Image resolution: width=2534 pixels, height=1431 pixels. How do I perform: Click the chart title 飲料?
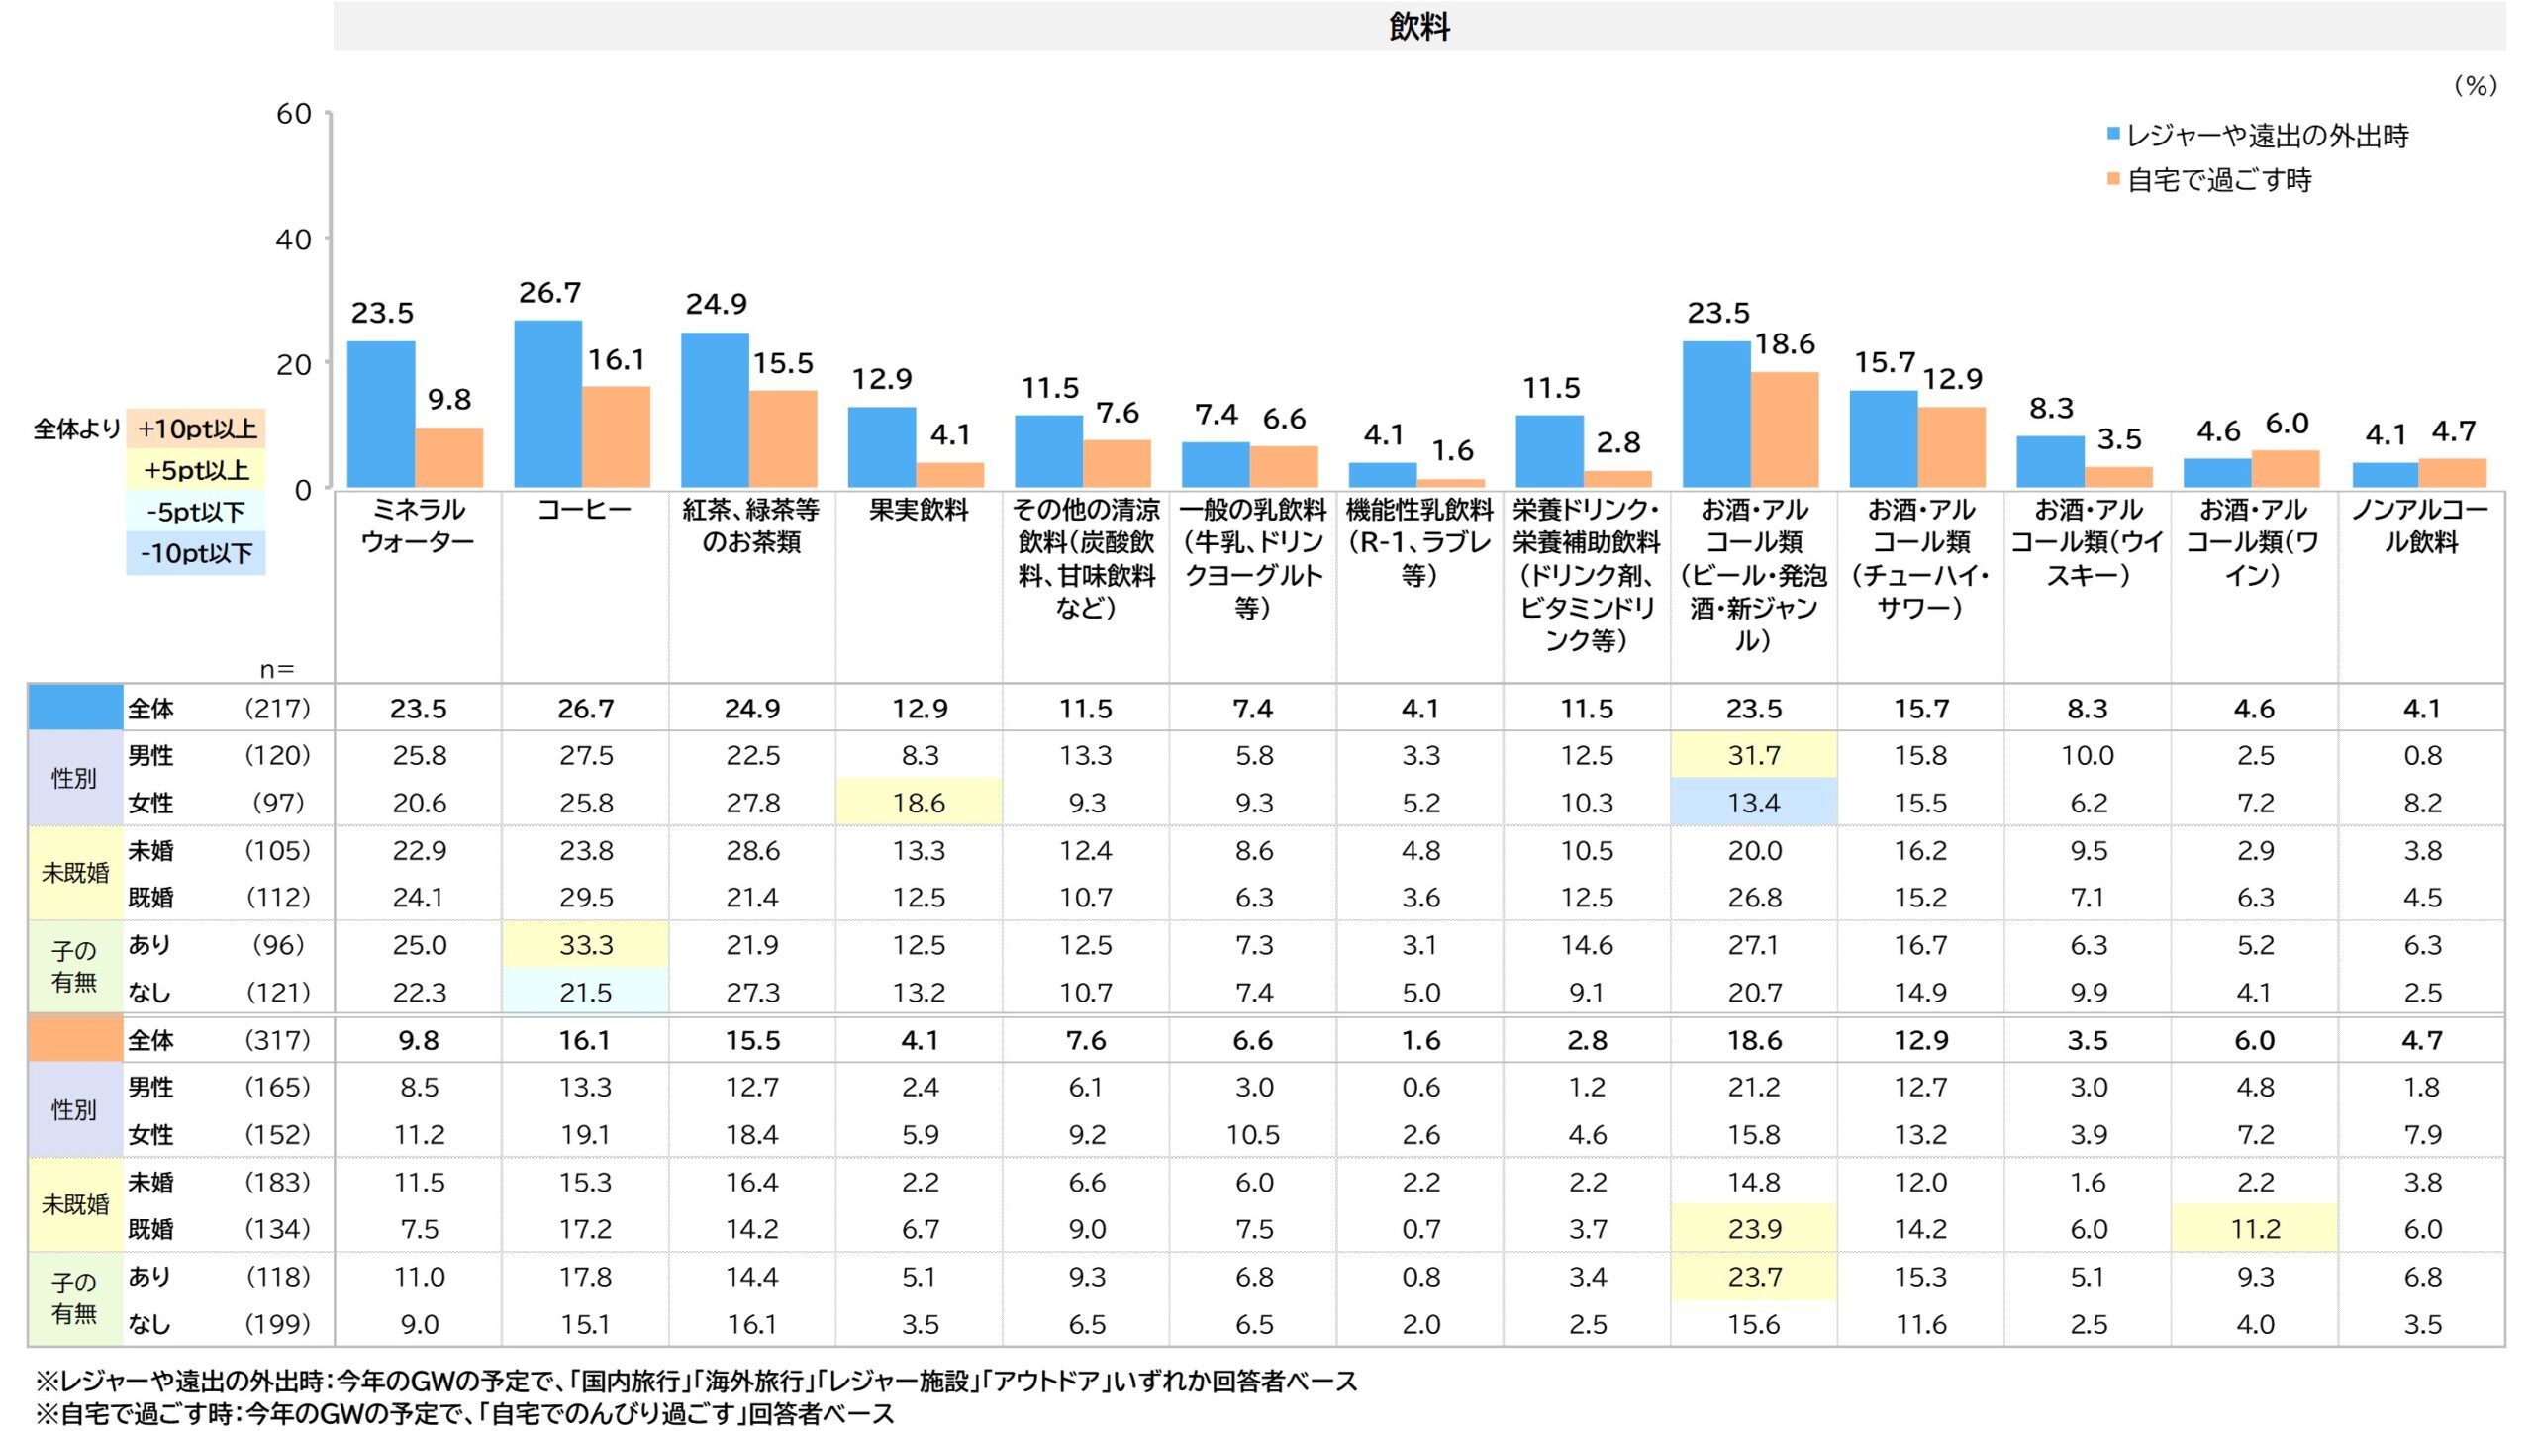coord(1418,27)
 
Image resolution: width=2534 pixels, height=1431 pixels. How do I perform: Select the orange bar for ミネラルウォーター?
coord(448,457)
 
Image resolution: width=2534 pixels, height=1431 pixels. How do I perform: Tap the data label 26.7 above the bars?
coord(549,293)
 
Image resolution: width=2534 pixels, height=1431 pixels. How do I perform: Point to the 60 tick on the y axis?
coord(294,114)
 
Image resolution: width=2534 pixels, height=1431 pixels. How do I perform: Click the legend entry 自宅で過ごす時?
coord(2218,180)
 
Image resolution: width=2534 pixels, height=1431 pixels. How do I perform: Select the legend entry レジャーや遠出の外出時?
coord(2266,136)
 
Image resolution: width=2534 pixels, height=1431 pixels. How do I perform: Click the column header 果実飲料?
coord(919,510)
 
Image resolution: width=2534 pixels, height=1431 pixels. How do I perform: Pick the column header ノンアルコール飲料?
coord(2420,525)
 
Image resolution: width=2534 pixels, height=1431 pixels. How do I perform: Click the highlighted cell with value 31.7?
coord(1753,755)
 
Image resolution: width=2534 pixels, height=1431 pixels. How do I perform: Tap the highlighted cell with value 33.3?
coord(585,945)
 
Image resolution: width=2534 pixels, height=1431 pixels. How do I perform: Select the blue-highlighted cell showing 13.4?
coord(1753,803)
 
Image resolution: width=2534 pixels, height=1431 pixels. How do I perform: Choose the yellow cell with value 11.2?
coord(2254,1229)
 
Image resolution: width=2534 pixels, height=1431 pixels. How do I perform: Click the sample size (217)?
coord(277,709)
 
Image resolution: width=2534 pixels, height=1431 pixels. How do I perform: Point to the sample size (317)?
coord(277,1040)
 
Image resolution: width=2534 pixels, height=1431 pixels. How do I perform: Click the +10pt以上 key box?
coord(196,429)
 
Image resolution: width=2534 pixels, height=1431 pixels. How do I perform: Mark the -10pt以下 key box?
coord(196,553)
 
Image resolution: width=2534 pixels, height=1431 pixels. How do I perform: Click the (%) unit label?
coord(2475,86)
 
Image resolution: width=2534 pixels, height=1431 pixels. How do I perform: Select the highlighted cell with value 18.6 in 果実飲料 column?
coord(919,803)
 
